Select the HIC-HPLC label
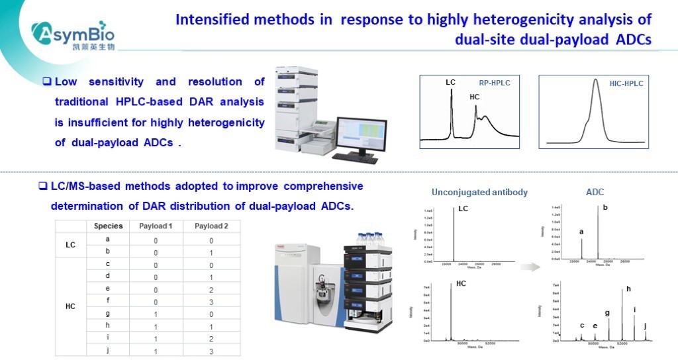point(626,83)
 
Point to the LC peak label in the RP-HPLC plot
point(450,82)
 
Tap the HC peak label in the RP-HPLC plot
point(474,97)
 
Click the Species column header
point(108,226)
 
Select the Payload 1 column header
point(156,226)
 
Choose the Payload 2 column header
point(211,226)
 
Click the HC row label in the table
point(70,306)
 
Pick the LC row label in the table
point(70,245)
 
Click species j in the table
point(108,349)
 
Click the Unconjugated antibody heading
point(479,193)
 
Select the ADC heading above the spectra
point(595,193)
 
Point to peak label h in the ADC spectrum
point(628,289)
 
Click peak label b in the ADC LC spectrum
point(605,208)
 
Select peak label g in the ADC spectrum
point(607,312)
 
